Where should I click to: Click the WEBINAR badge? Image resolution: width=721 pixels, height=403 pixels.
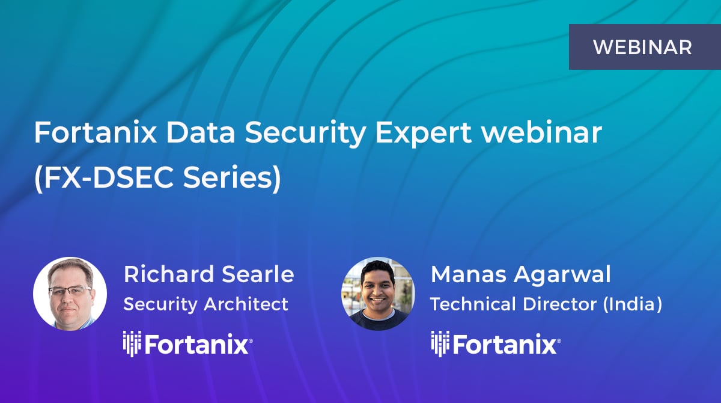(642, 47)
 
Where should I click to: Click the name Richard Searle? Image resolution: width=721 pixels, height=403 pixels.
(208, 274)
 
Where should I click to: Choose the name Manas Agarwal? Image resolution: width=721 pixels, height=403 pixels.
(520, 274)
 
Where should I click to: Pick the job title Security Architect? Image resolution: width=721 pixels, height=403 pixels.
(205, 304)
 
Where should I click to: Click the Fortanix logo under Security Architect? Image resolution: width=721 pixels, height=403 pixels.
(187, 345)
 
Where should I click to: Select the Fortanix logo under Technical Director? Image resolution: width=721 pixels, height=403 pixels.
(495, 345)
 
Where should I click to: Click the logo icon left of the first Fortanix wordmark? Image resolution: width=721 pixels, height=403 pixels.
(132, 345)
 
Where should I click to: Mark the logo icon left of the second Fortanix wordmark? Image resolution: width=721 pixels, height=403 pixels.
(439, 345)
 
